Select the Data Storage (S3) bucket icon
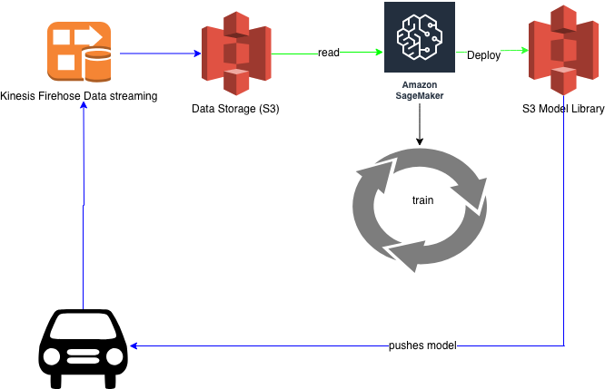click(x=235, y=53)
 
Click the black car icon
click(x=83, y=343)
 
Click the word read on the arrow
click(x=329, y=53)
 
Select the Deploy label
click(x=483, y=55)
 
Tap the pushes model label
click(x=422, y=345)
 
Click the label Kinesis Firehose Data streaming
click(x=79, y=96)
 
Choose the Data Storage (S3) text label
click(x=235, y=110)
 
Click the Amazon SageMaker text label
click(x=419, y=90)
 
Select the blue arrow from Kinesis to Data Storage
click(x=160, y=53)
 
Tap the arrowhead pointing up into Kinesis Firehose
click(x=84, y=104)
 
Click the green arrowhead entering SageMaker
click(x=379, y=53)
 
